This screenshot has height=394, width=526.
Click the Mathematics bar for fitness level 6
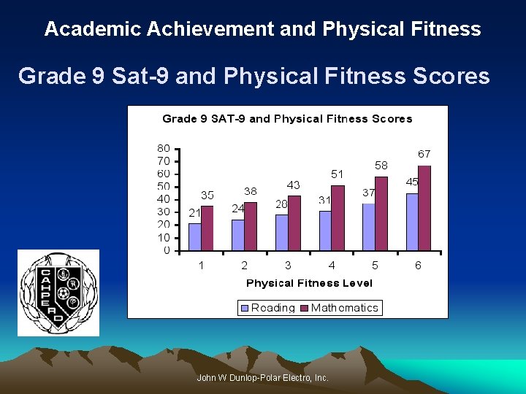pos(424,209)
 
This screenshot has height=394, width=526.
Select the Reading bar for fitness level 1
pos(194,237)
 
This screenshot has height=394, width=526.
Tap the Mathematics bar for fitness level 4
pos(338,218)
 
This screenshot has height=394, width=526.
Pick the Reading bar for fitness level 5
pos(369,227)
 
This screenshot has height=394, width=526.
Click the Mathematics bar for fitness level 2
pos(251,226)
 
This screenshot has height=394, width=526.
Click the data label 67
pos(424,154)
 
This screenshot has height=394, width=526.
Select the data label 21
pos(194,213)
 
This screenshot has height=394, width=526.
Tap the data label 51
pos(337,174)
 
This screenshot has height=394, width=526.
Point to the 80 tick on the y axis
pos(164,148)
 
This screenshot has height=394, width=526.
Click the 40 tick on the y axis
pos(164,199)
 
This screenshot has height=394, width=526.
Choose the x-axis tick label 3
pos(288,266)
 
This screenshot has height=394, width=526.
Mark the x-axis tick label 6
pos(418,266)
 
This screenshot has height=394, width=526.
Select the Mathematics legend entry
pos(340,308)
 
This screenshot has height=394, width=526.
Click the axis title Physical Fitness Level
pos(309,283)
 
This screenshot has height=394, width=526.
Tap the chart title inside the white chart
pos(287,119)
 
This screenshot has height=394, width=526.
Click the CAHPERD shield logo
pos(58,293)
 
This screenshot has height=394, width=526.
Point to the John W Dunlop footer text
pos(263,378)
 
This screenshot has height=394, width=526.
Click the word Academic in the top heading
pos(93,29)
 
